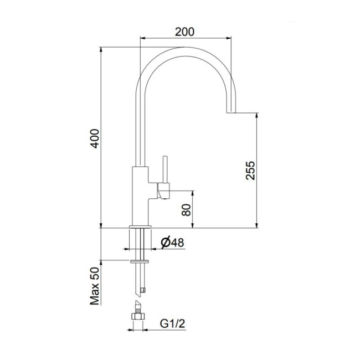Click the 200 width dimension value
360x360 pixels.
184,32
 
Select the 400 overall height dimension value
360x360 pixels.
95,137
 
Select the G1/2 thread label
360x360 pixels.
172,322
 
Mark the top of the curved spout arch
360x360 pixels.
184,50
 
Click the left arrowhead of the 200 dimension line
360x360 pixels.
142,39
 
